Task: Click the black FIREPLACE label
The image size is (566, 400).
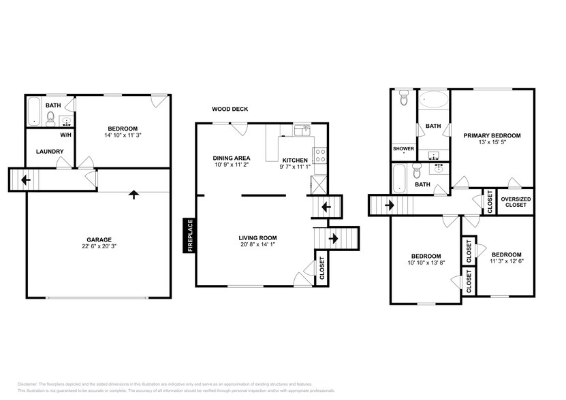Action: coord(189,235)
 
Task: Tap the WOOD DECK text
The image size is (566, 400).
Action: coord(230,108)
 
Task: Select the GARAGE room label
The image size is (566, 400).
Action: coord(99,239)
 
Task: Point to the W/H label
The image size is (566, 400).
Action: coord(66,135)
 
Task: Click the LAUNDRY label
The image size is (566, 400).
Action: coord(50,151)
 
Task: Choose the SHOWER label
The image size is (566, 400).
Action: coord(403,148)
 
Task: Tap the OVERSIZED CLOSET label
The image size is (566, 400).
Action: coord(515,201)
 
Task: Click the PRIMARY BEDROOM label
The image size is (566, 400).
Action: coord(492,135)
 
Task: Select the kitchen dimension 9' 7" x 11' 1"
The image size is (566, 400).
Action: coord(296,166)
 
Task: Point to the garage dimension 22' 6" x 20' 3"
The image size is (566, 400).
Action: coord(99,247)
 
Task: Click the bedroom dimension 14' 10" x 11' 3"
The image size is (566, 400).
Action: coord(123,135)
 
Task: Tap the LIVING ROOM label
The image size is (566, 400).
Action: coord(257,237)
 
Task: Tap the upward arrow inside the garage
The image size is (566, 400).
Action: coord(133,195)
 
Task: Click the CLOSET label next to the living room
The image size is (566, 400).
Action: coord(322,269)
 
